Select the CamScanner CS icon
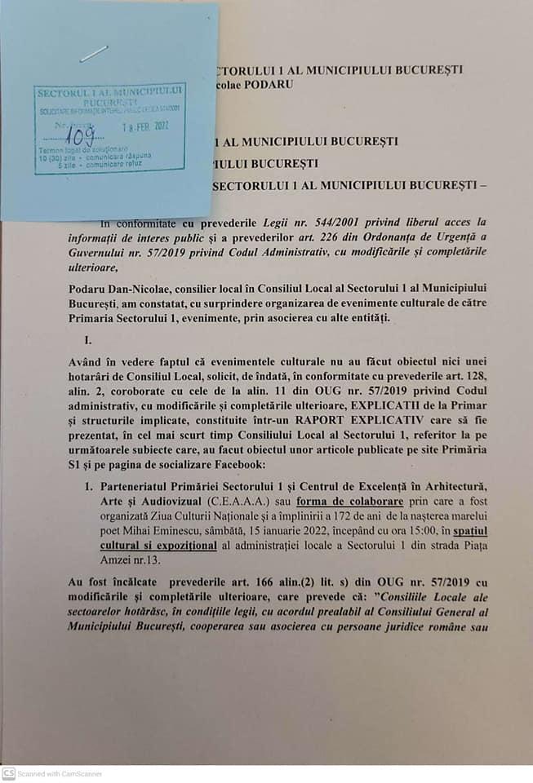8,773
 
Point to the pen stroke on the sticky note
95,54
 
